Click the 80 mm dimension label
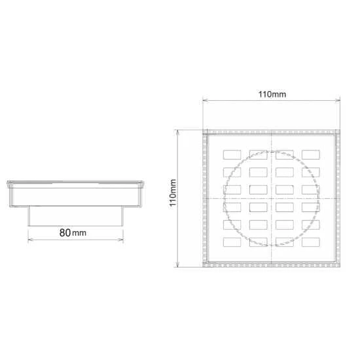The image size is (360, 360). click(73, 233)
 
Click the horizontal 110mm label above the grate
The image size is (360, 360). click(272, 94)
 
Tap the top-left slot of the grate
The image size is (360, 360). click(232, 154)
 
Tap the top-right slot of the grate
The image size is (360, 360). click(310, 154)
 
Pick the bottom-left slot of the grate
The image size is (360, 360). click(232, 242)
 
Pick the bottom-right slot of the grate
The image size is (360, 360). click(310, 242)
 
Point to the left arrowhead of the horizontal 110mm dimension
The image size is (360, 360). click(204, 100)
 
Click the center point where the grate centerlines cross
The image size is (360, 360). click(272, 198)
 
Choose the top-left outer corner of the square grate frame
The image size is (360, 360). click(202, 130)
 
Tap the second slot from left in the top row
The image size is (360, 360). click(258, 154)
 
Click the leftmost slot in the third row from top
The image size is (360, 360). click(232, 190)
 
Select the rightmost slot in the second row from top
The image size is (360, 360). click(310, 172)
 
